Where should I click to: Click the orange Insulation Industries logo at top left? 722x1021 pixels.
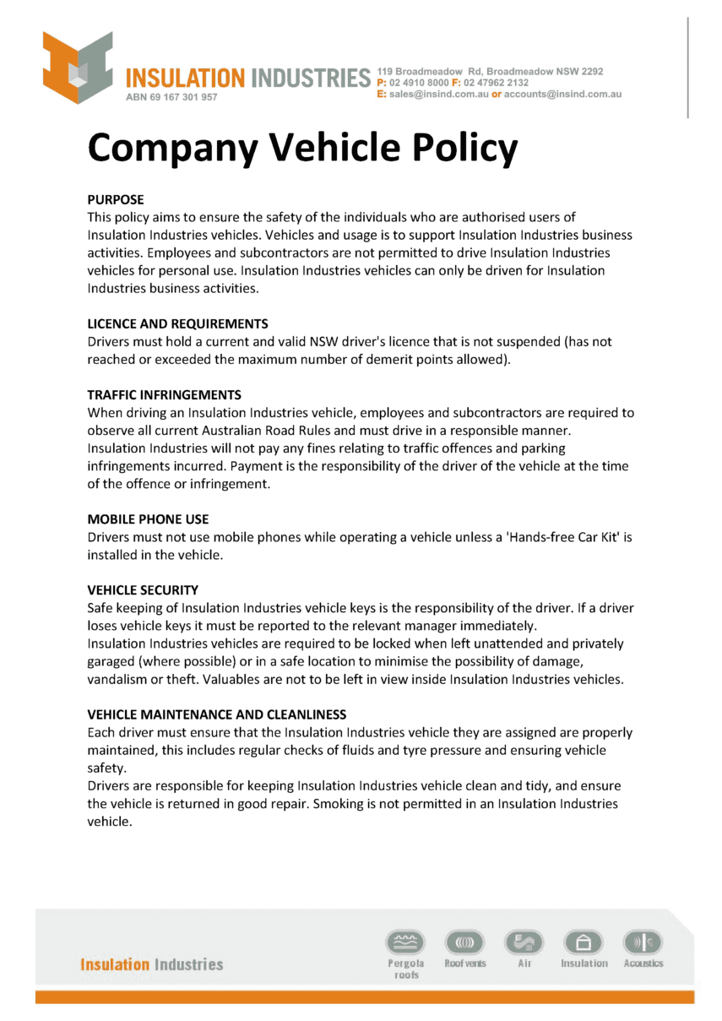(x=78, y=67)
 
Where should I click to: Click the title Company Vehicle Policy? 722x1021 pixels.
(x=302, y=149)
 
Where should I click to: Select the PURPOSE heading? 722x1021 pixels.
(x=116, y=199)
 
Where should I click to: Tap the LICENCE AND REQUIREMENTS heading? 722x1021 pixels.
(x=177, y=323)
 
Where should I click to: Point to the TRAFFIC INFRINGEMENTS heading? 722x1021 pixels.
(x=164, y=394)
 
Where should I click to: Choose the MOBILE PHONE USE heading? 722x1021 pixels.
(x=148, y=519)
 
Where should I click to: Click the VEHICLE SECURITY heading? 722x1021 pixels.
(x=143, y=589)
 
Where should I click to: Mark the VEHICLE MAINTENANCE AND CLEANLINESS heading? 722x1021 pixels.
(x=216, y=714)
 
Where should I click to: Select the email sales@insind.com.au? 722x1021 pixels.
(x=438, y=95)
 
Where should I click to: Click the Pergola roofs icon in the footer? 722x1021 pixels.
(x=405, y=942)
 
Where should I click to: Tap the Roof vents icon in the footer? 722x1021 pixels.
(x=465, y=942)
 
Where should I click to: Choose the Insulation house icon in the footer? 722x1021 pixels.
(x=584, y=942)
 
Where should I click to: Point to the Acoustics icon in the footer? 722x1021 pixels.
(x=643, y=942)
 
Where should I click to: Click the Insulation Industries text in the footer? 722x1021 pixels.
(x=152, y=964)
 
